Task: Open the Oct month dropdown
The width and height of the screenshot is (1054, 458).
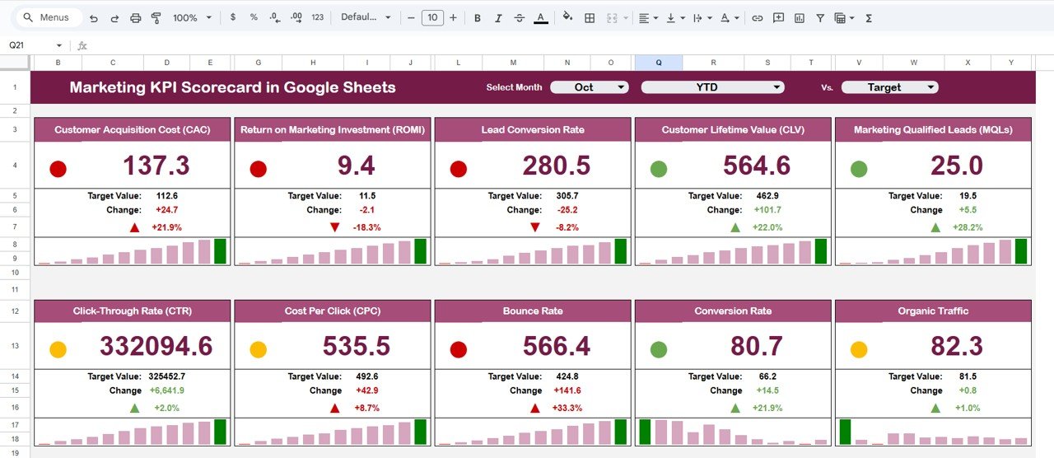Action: [589, 87]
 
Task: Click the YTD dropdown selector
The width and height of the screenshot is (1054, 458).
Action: [712, 87]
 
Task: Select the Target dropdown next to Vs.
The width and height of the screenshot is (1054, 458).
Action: [889, 87]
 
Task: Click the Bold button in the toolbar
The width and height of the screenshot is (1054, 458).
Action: [477, 18]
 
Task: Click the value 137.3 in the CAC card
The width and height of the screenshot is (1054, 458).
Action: [156, 166]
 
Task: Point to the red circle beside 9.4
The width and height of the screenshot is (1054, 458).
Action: [258, 169]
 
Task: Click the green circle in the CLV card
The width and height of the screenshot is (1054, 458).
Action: [659, 169]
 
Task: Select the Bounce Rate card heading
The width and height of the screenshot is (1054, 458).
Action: [533, 311]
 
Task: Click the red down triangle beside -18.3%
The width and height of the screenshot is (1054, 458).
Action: [334, 227]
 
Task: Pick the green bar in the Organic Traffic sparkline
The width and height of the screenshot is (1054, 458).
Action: [845, 432]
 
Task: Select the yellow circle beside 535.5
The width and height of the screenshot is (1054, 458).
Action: [258, 349]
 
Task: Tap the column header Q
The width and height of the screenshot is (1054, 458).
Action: [658, 63]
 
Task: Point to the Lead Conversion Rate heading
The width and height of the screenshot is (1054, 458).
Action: [533, 129]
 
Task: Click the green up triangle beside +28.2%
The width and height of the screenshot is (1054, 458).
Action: [935, 227]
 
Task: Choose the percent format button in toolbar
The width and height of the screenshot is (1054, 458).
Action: [254, 18]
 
